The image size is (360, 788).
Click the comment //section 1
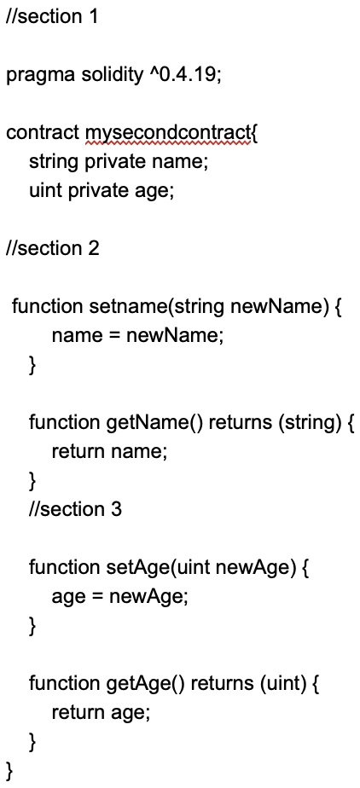pos(52,16)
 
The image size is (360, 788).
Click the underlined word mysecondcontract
pos(167,134)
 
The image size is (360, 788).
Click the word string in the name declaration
pos(53,163)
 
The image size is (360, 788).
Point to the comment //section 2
pos(52,248)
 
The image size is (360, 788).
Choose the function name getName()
pos(154,422)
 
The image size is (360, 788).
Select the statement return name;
pos(108,451)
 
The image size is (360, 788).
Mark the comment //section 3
pos(75,509)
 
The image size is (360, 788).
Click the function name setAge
pos(134,567)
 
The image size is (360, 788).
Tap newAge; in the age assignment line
pos(148,596)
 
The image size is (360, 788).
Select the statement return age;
pos(101,713)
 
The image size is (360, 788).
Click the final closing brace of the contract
pos(10,771)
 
